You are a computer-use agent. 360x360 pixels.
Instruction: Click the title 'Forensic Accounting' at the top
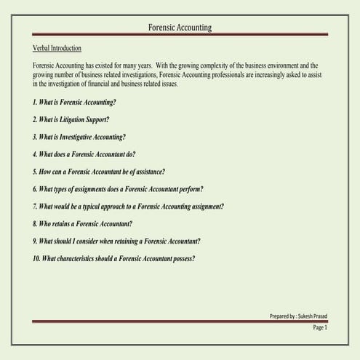[180, 28]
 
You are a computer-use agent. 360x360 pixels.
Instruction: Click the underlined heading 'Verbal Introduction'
[62, 48]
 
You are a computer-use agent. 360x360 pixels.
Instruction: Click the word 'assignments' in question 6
[89, 189]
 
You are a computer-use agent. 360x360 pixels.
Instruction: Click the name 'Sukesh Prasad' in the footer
[313, 316]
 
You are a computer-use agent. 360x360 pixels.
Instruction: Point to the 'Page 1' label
[320, 328]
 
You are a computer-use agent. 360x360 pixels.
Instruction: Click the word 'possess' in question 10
[182, 259]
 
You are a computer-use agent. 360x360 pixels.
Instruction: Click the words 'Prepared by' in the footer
[281, 316]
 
